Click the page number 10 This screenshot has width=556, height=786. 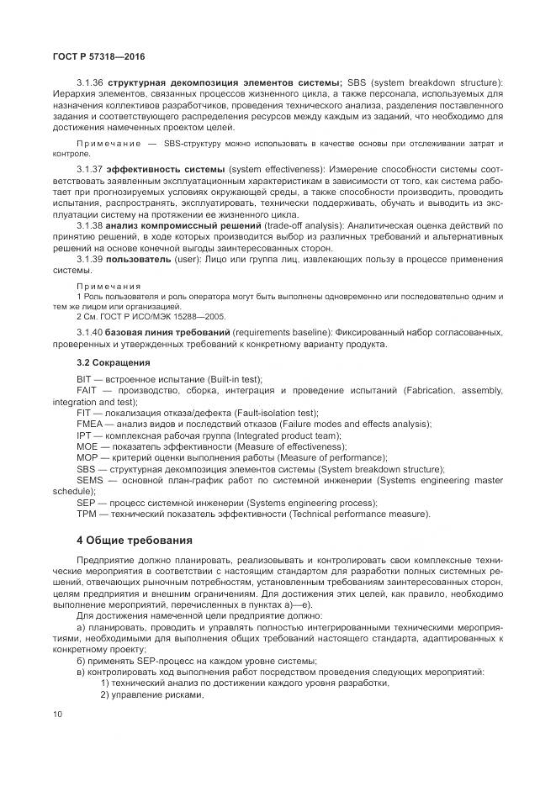[57, 714]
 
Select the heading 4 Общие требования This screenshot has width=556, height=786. [135, 540]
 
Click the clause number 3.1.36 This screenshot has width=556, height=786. [89, 82]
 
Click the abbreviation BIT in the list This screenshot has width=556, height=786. [84, 380]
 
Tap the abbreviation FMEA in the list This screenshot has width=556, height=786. [90, 425]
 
